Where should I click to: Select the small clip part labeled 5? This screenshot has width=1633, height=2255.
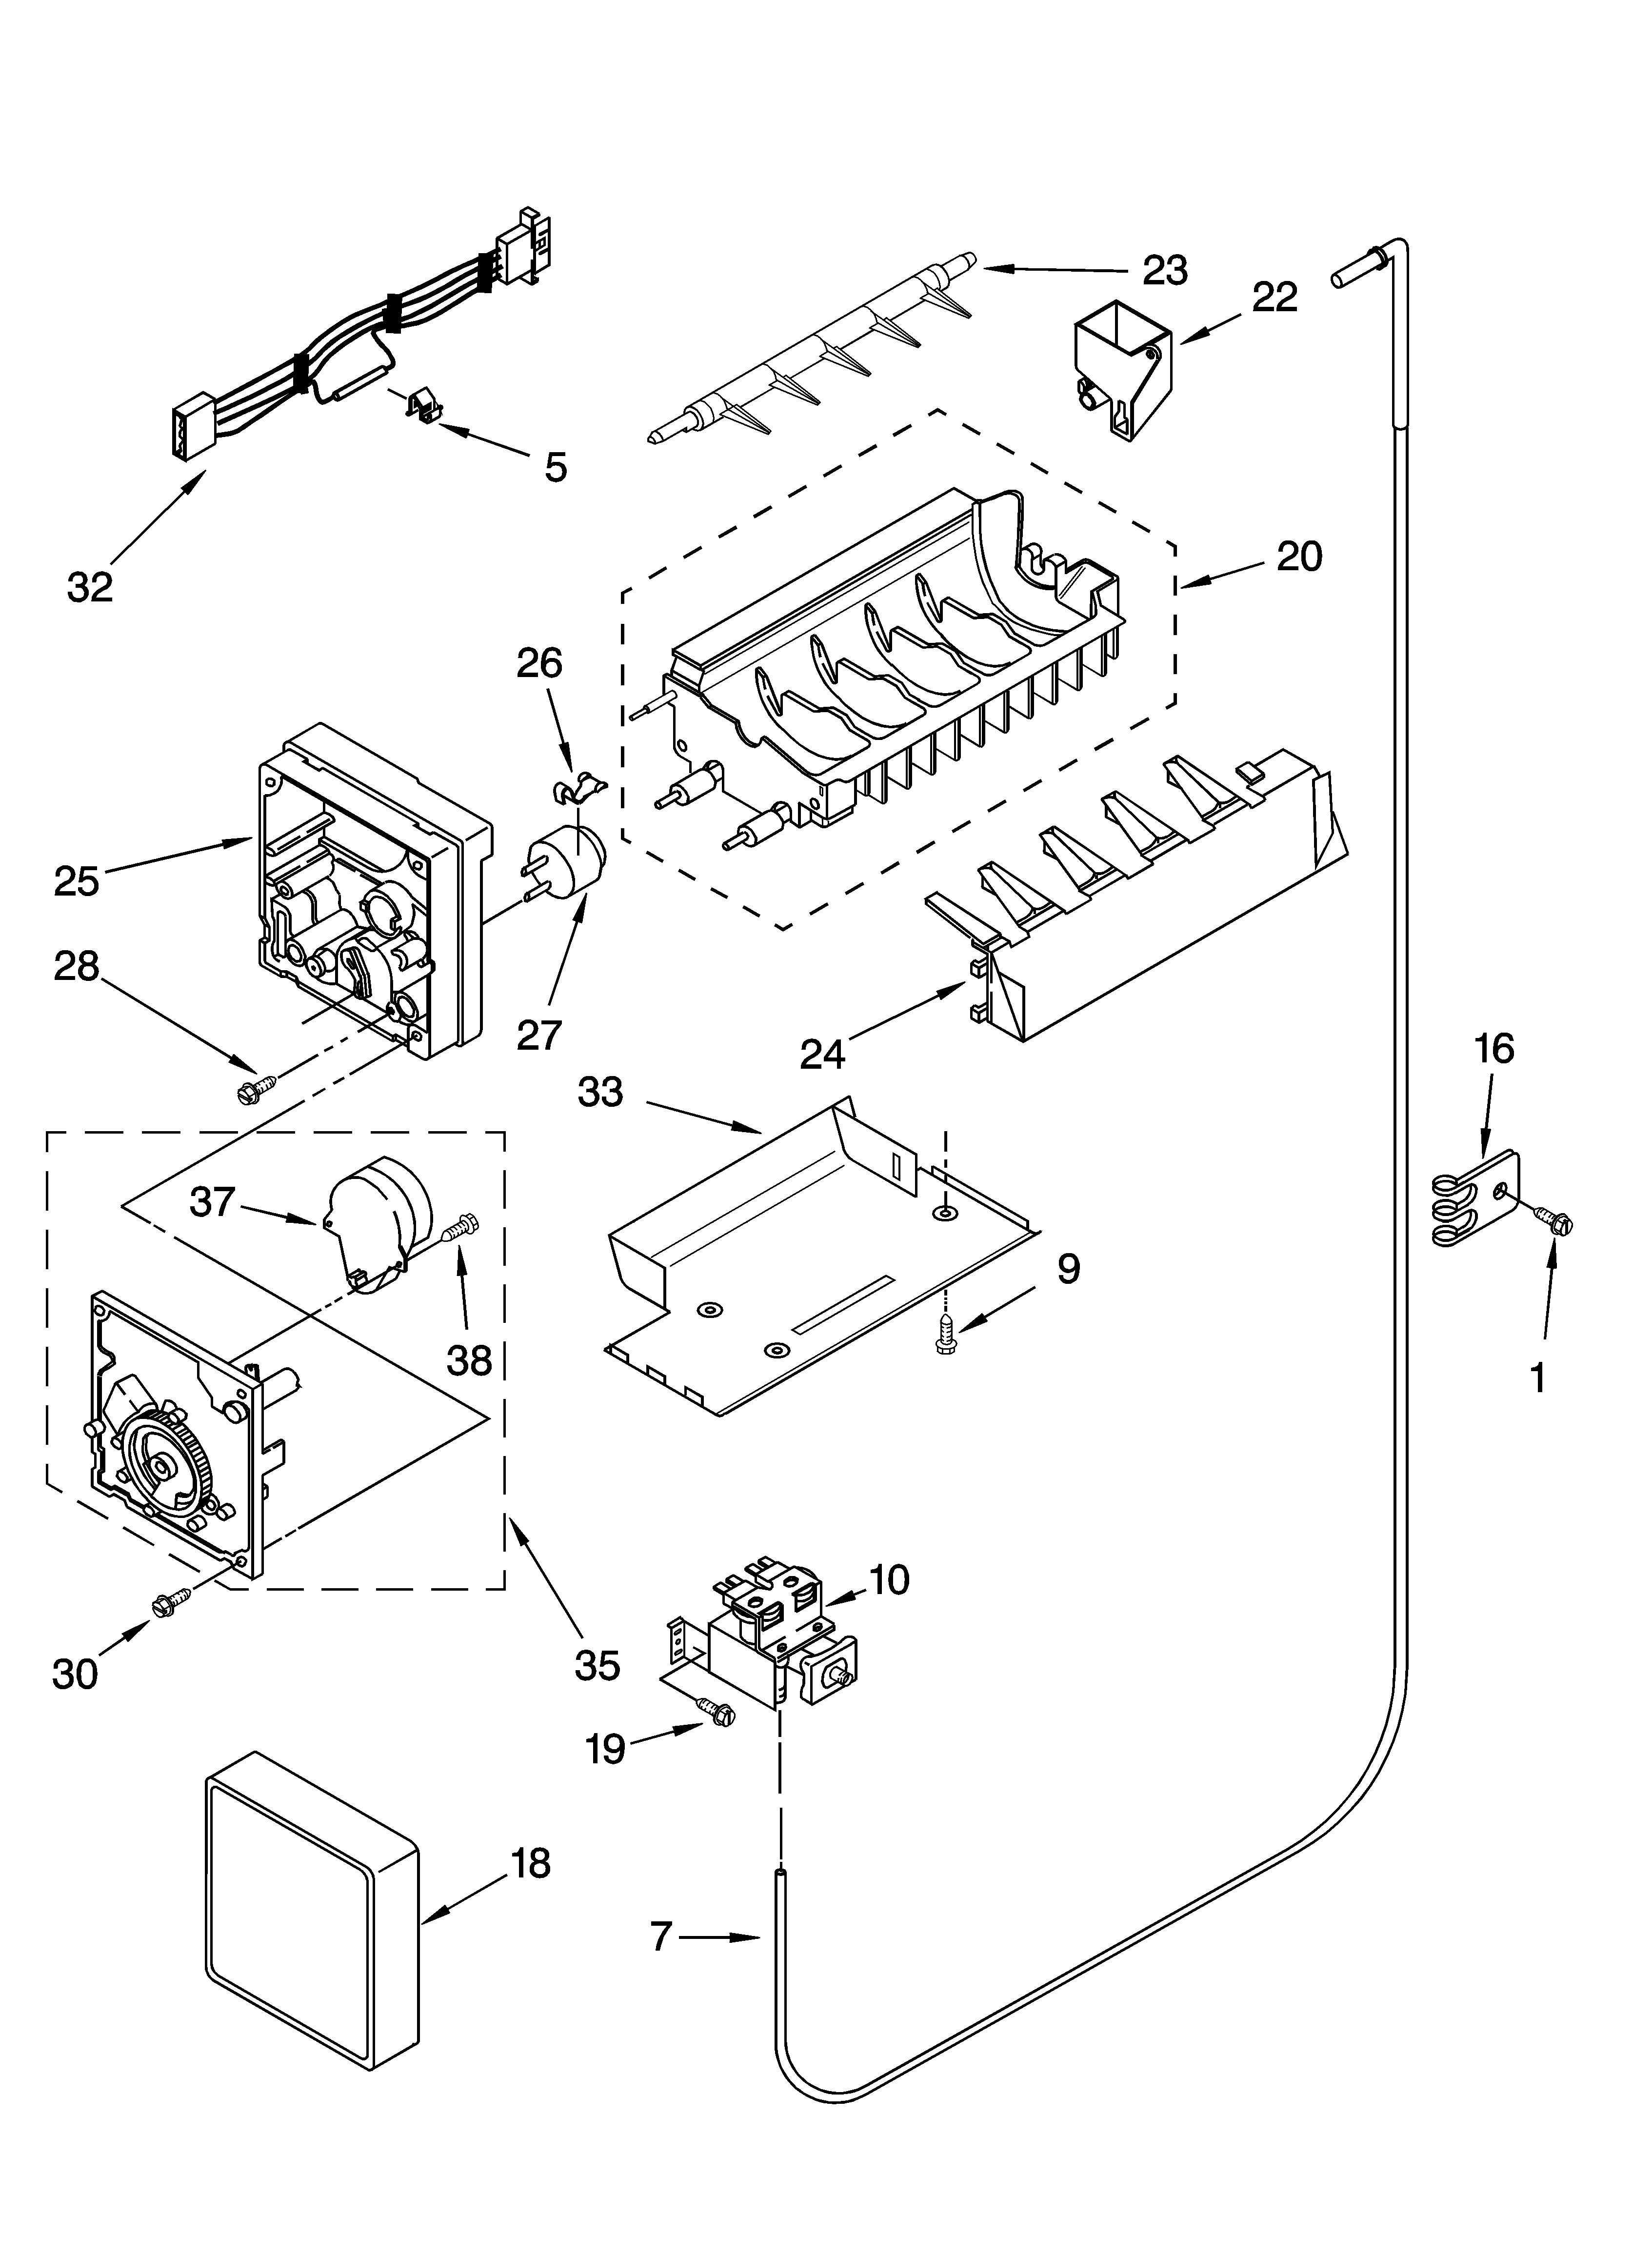point(423,406)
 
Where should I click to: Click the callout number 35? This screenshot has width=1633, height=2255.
point(597,1664)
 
